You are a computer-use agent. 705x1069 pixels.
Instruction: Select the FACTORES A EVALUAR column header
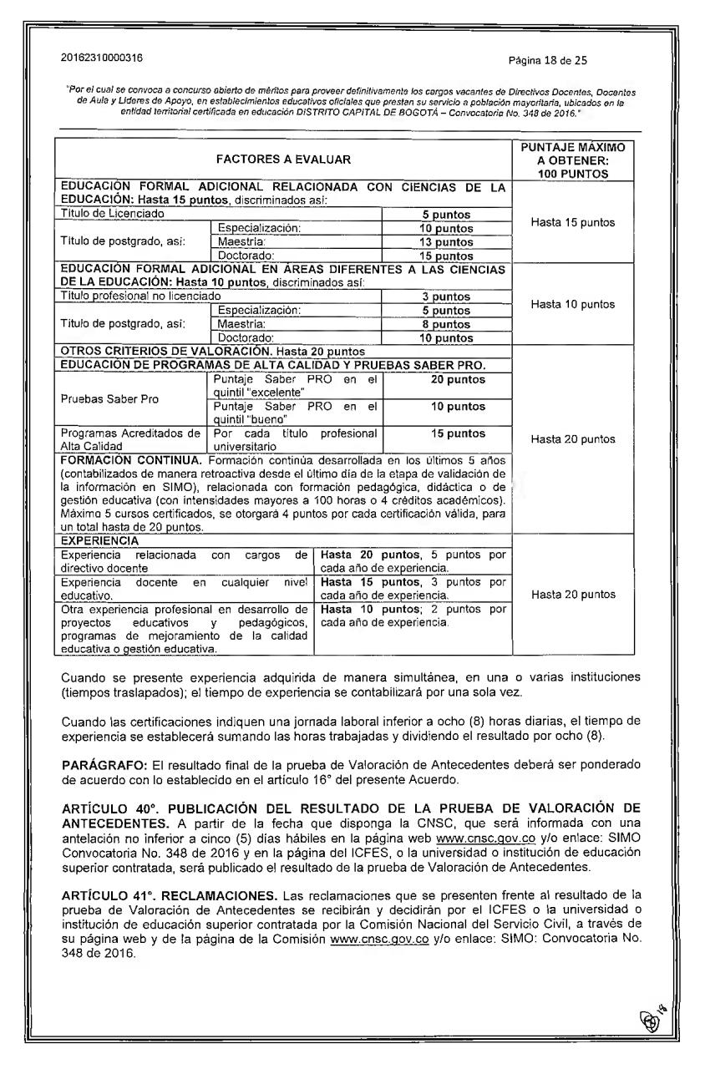(283, 159)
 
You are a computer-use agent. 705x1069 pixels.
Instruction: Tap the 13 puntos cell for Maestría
(446, 242)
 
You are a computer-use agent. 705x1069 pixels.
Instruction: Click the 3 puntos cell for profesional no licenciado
(446, 296)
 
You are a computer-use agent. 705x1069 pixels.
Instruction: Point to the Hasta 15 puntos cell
(573, 222)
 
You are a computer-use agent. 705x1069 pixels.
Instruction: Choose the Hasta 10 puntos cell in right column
(573, 304)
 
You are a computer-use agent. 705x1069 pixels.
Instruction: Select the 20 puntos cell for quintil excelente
(446, 380)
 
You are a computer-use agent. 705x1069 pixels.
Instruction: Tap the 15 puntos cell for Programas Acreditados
(446, 433)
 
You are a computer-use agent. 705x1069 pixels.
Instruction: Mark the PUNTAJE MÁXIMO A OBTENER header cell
(572, 160)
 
